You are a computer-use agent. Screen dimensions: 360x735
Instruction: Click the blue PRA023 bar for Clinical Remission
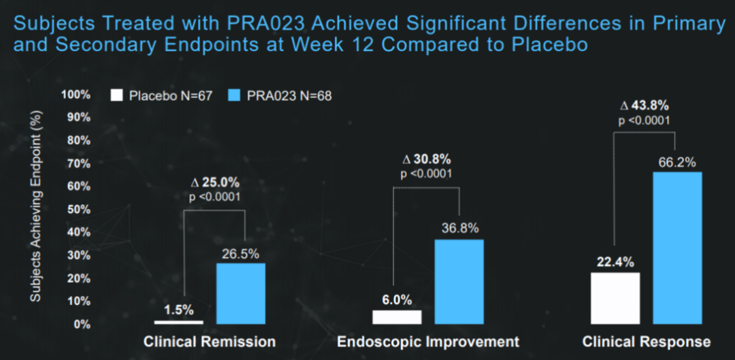[x=240, y=293]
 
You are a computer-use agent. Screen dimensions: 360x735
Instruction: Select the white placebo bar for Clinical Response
[x=615, y=298]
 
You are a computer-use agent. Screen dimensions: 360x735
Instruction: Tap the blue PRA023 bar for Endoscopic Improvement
[x=459, y=282]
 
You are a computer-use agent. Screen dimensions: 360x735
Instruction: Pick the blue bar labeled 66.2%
[x=677, y=248]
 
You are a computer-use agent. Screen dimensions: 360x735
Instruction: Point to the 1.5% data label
[x=179, y=309]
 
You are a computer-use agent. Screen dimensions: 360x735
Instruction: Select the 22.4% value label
[x=615, y=261]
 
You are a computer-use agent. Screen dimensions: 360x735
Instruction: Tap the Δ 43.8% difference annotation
[x=644, y=105]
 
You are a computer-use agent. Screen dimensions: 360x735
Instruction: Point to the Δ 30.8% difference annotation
[x=427, y=159]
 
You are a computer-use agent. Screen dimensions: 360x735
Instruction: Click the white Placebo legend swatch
[x=117, y=95]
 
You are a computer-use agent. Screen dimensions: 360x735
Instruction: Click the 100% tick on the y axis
[x=76, y=94]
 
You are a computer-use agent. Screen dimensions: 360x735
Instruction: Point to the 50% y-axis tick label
[x=78, y=209]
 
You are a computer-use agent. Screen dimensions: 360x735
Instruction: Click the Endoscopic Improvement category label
[x=428, y=342]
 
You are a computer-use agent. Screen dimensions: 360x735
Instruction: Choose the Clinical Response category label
[x=647, y=342]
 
